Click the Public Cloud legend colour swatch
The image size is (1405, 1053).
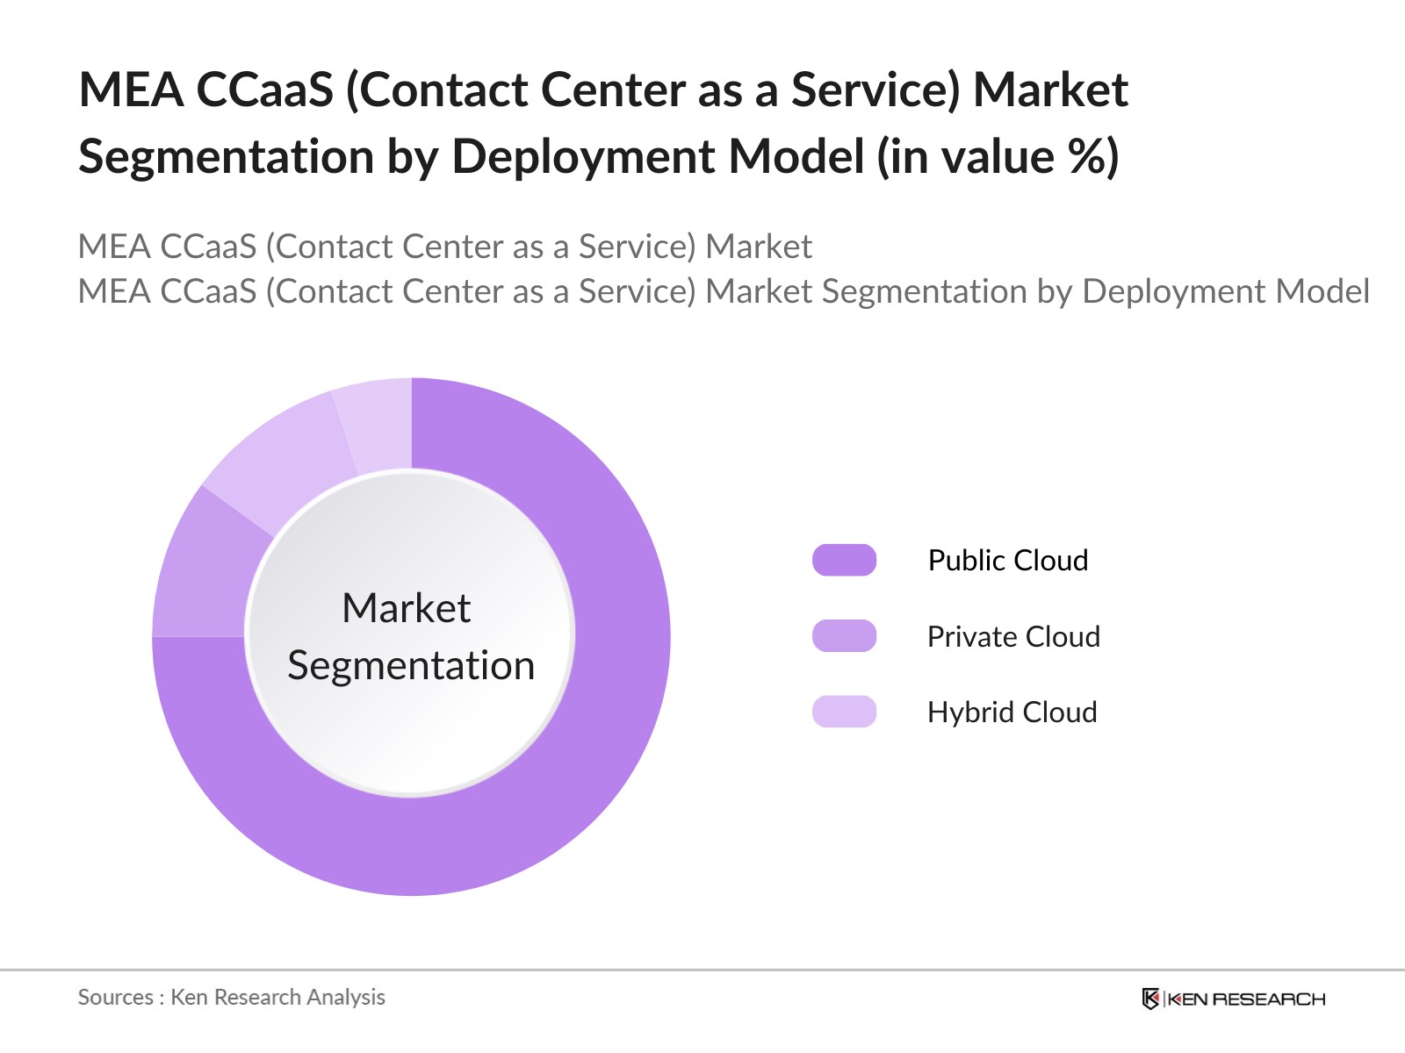pyautogui.click(x=844, y=560)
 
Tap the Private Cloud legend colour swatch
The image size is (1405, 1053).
pyautogui.click(x=844, y=636)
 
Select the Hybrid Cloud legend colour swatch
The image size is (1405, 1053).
pyautogui.click(x=844, y=712)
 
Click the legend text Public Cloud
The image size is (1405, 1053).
pyautogui.click(x=1007, y=560)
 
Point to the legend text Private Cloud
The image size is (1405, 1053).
pyautogui.click(x=1012, y=636)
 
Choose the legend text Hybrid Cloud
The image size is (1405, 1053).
pyautogui.click(x=1012, y=712)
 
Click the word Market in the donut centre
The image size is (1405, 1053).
pyautogui.click(x=406, y=608)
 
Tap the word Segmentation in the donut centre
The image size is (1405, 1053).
pyautogui.click(x=411, y=665)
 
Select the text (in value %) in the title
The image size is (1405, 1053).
pyautogui.click(x=998, y=157)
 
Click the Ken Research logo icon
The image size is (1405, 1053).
pyautogui.click(x=1150, y=999)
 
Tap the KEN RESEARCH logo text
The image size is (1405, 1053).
pyautogui.click(x=1247, y=999)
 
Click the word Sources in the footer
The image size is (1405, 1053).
pyautogui.click(x=115, y=997)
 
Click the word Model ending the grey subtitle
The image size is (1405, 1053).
pyautogui.click(x=1322, y=291)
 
